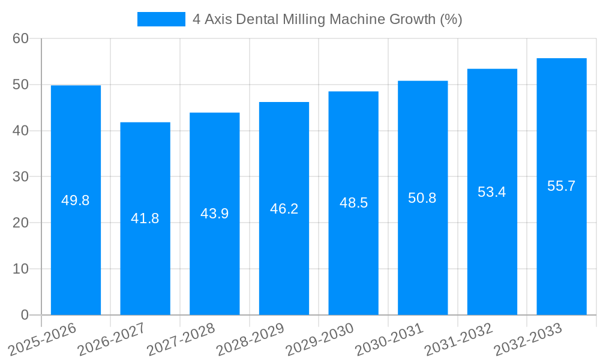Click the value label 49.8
76,200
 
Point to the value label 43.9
214,214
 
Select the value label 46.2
284,209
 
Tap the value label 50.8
422,198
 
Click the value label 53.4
492,192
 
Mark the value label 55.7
562,186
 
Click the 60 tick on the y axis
20,38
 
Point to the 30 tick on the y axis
20,177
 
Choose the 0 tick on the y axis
25,315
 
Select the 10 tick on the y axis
20,269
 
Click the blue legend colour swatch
161,19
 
